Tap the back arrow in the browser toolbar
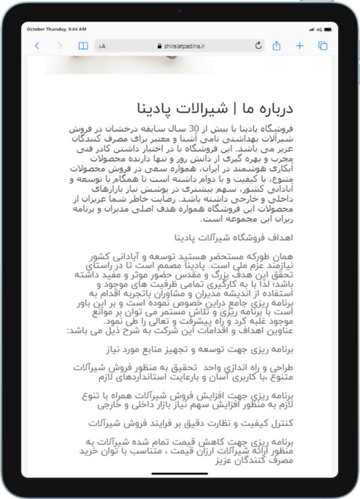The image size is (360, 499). pos(37,46)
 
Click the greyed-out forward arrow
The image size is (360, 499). pos(60,46)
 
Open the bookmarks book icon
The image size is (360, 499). pos(83,46)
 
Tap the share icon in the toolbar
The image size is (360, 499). pos(277,46)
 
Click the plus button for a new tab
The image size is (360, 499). pos(300,46)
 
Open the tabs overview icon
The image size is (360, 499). pos(323,46)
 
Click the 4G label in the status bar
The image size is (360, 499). pos(320,29)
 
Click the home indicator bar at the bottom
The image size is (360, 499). pos(179,473)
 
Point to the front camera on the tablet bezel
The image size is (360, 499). pos(180,12)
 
